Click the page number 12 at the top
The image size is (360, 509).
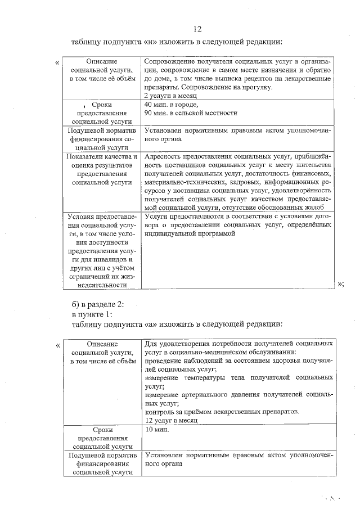(x=197, y=29)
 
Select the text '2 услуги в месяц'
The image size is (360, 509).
(x=169, y=96)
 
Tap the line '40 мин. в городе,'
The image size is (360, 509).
(x=172, y=105)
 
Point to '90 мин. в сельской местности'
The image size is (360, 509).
(x=191, y=113)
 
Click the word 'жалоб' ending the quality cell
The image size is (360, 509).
(x=313, y=208)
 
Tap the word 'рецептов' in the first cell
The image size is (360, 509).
(x=246, y=79)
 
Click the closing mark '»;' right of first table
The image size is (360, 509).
(x=341, y=284)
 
